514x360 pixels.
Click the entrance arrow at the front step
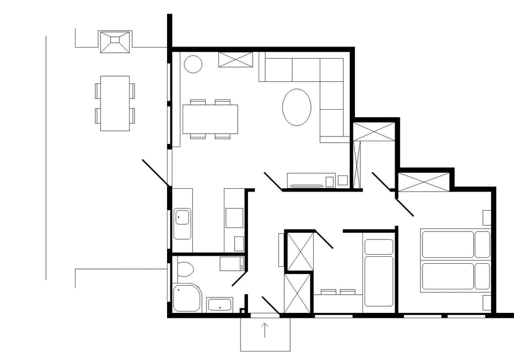(265, 330)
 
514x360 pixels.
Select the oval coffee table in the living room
(297, 107)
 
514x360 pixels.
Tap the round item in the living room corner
(193, 64)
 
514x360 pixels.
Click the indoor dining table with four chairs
(210, 119)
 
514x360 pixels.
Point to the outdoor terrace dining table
(115, 103)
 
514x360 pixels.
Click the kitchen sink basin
(182, 217)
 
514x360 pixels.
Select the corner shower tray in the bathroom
(186, 297)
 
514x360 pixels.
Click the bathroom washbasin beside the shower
(219, 305)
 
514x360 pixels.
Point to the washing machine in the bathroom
(231, 263)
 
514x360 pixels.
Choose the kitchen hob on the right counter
(233, 217)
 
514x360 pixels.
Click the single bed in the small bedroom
(379, 273)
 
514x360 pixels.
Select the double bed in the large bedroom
(455, 261)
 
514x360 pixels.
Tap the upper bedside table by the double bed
(487, 218)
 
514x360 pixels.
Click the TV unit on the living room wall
(311, 181)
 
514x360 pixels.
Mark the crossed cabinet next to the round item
(236, 59)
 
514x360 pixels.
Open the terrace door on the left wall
(156, 173)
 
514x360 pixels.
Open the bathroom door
(239, 278)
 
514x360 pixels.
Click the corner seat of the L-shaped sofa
(331, 70)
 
